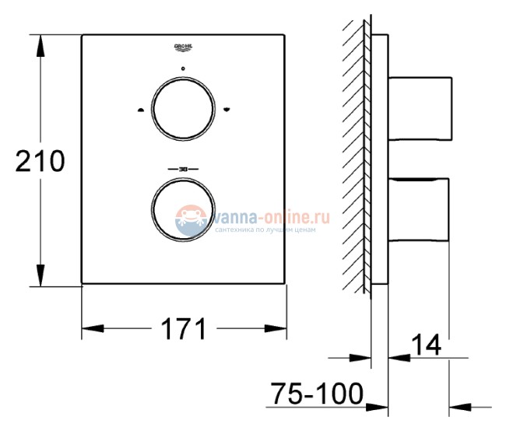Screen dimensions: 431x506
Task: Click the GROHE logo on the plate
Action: (184, 49)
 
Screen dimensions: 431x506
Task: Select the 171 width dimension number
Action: (184, 329)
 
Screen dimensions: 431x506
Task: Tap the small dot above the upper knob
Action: (184, 69)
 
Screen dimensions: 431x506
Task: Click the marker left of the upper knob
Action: (140, 110)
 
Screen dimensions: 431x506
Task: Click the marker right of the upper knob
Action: (227, 110)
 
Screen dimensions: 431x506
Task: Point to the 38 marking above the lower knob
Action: (184, 169)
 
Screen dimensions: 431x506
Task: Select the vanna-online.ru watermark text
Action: (265, 216)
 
